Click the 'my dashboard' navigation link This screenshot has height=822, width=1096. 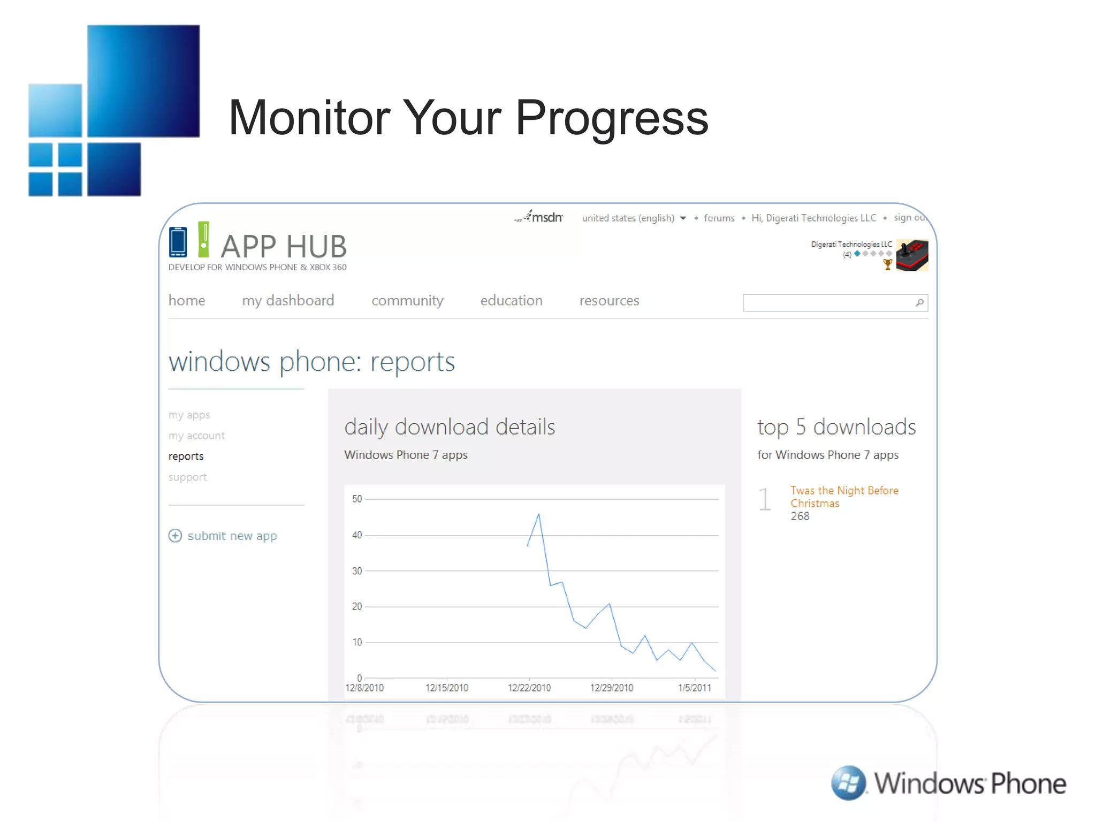tap(288, 301)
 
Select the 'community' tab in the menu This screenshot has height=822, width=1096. tap(407, 301)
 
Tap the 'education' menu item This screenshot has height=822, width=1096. tap(511, 301)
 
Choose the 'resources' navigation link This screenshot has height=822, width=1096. tap(609, 301)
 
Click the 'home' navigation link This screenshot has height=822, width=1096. tap(187, 301)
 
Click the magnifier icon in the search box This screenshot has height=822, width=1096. tap(919, 302)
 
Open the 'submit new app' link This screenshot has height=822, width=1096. tap(232, 536)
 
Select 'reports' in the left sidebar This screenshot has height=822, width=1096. tap(186, 456)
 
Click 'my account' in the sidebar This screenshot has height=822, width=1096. tap(196, 436)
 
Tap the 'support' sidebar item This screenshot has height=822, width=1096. tap(187, 477)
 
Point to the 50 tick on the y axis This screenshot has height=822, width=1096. tap(357, 499)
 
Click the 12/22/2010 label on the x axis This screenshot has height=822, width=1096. tap(529, 688)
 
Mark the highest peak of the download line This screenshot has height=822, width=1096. tap(538, 514)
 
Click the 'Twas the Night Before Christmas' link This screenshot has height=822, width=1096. tap(843, 497)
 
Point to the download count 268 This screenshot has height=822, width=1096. tap(800, 516)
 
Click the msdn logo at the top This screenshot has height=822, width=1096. tap(539, 217)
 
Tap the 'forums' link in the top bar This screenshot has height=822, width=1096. tap(719, 218)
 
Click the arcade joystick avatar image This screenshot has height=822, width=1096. tap(912, 255)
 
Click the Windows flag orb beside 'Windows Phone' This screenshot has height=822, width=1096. tap(848, 782)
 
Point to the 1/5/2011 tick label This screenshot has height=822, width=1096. tap(694, 688)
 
